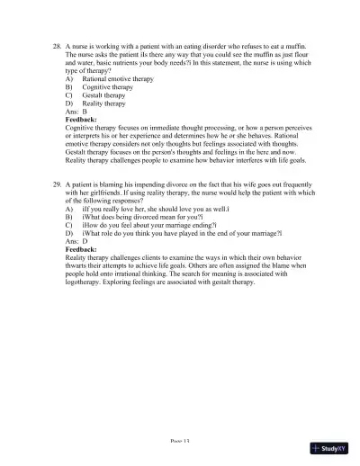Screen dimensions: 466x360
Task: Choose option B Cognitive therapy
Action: coord(102,88)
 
